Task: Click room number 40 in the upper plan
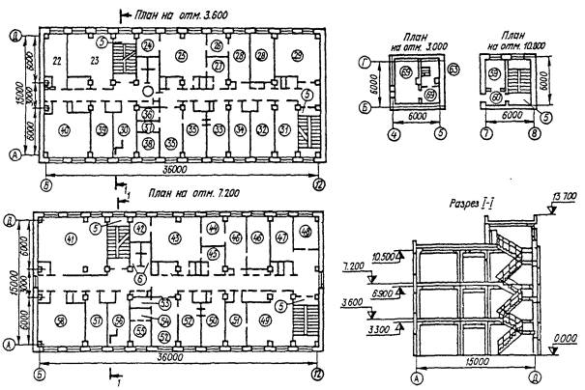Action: click(65, 130)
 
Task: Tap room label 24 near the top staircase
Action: click(147, 45)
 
